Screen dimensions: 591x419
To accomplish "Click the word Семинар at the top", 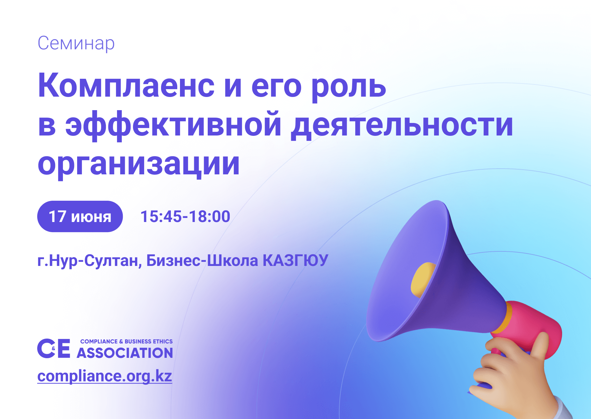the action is [x=76, y=43].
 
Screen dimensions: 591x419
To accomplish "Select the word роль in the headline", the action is [x=348, y=87].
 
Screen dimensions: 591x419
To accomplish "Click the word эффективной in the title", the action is [x=174, y=125].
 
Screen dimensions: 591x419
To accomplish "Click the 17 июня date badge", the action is [x=80, y=217].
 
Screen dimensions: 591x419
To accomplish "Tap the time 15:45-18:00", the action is [x=185, y=217].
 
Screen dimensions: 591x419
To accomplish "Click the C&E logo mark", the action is [x=54, y=348].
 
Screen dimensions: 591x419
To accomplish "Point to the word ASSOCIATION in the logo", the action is [x=125, y=353].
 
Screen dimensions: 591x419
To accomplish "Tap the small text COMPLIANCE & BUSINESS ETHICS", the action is [x=127, y=342].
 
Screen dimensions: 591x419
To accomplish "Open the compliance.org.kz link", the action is [x=105, y=376].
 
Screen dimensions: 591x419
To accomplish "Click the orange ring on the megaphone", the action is [x=501, y=318].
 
